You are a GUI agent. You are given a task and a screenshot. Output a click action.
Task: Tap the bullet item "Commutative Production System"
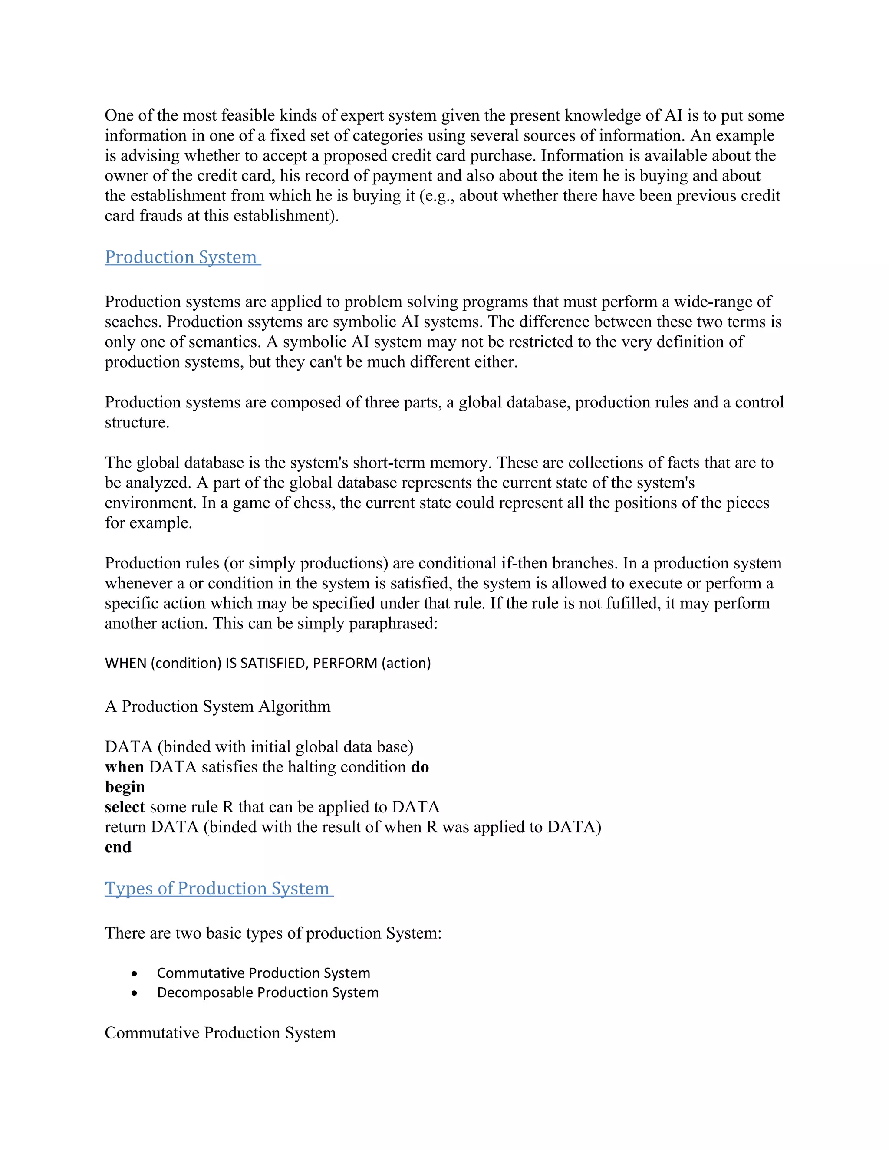(x=263, y=973)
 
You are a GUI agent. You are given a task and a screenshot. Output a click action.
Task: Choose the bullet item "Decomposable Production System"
(x=267, y=992)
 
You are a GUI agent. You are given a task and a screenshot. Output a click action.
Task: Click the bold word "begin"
(x=125, y=787)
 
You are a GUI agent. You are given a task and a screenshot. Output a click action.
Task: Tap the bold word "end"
(x=118, y=847)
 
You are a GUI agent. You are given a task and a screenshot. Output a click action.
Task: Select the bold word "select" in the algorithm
(x=125, y=807)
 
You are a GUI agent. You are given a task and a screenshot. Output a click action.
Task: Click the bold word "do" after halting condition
(x=420, y=767)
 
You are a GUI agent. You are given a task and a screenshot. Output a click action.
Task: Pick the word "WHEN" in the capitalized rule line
(x=125, y=663)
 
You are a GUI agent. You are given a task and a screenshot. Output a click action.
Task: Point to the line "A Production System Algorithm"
(x=217, y=706)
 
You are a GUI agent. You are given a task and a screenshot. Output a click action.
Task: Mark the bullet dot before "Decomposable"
(x=135, y=993)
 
